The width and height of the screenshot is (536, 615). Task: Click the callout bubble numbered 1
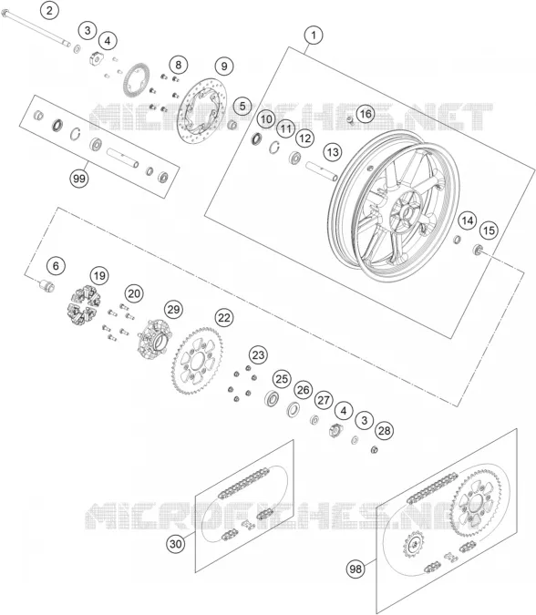click(x=314, y=36)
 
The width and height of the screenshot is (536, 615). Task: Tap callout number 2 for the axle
click(x=49, y=10)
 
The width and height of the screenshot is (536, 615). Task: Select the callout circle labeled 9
click(x=224, y=66)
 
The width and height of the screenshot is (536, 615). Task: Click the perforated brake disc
click(x=201, y=111)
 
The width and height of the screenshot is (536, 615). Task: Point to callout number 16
click(x=366, y=114)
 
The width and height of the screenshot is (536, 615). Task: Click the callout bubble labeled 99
click(x=79, y=179)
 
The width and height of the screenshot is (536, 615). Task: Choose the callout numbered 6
click(x=56, y=266)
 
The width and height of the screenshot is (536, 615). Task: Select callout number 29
click(x=173, y=310)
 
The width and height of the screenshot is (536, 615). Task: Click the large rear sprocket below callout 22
click(x=197, y=361)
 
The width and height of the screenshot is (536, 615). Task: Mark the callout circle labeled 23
click(x=258, y=355)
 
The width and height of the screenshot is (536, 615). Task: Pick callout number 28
click(x=384, y=431)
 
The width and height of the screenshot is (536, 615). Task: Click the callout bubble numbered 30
click(x=176, y=544)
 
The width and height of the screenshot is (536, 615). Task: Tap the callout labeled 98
click(x=356, y=569)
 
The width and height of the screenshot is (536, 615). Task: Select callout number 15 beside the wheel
click(x=489, y=231)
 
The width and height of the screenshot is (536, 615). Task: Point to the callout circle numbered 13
click(x=333, y=152)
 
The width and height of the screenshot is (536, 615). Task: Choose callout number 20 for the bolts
click(x=134, y=293)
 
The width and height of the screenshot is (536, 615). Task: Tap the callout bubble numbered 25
click(x=282, y=379)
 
